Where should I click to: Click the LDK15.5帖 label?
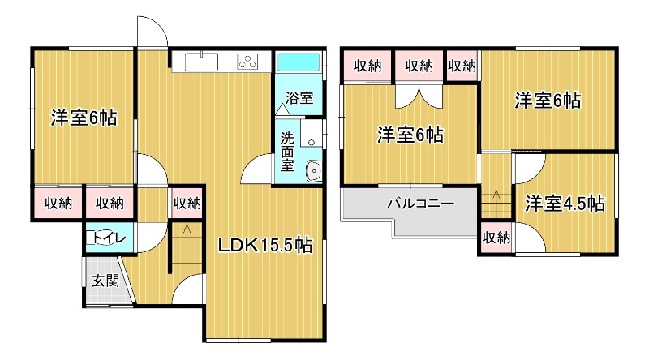click(x=265, y=246)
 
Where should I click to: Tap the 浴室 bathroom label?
click(x=299, y=98)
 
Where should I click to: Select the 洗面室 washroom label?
click(x=287, y=152)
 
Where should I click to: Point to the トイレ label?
click(x=110, y=238)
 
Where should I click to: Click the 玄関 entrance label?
click(x=105, y=281)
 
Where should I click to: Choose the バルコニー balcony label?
click(x=421, y=204)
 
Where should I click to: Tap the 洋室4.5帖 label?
click(x=565, y=204)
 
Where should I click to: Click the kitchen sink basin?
click(x=201, y=62)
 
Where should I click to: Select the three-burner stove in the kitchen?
click(x=247, y=62)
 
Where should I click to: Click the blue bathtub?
click(x=299, y=62)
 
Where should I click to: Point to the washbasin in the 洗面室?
click(x=314, y=171)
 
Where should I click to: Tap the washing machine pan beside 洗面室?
click(x=312, y=133)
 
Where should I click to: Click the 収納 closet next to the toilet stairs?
click(x=187, y=204)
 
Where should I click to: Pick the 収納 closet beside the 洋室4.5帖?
click(x=496, y=238)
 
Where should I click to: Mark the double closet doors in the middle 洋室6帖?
click(x=419, y=96)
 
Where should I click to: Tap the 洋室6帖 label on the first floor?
click(x=84, y=118)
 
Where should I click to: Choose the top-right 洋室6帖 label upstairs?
click(x=548, y=101)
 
